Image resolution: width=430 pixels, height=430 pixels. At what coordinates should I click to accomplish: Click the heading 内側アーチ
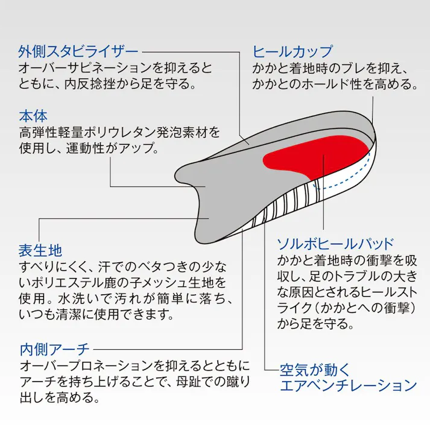pyautogui.click(x=55, y=349)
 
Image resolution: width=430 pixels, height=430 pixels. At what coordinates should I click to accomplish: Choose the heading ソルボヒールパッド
pyautogui.click(x=335, y=244)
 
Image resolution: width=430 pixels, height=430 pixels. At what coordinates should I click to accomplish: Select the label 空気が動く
pyautogui.click(x=315, y=368)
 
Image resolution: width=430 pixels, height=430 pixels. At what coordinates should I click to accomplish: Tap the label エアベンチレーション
pyautogui.click(x=349, y=385)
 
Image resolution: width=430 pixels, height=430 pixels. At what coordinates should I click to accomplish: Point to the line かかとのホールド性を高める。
pyautogui.click(x=335, y=84)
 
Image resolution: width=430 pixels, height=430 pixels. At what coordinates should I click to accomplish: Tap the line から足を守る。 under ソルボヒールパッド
pyautogui.click(x=314, y=324)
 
